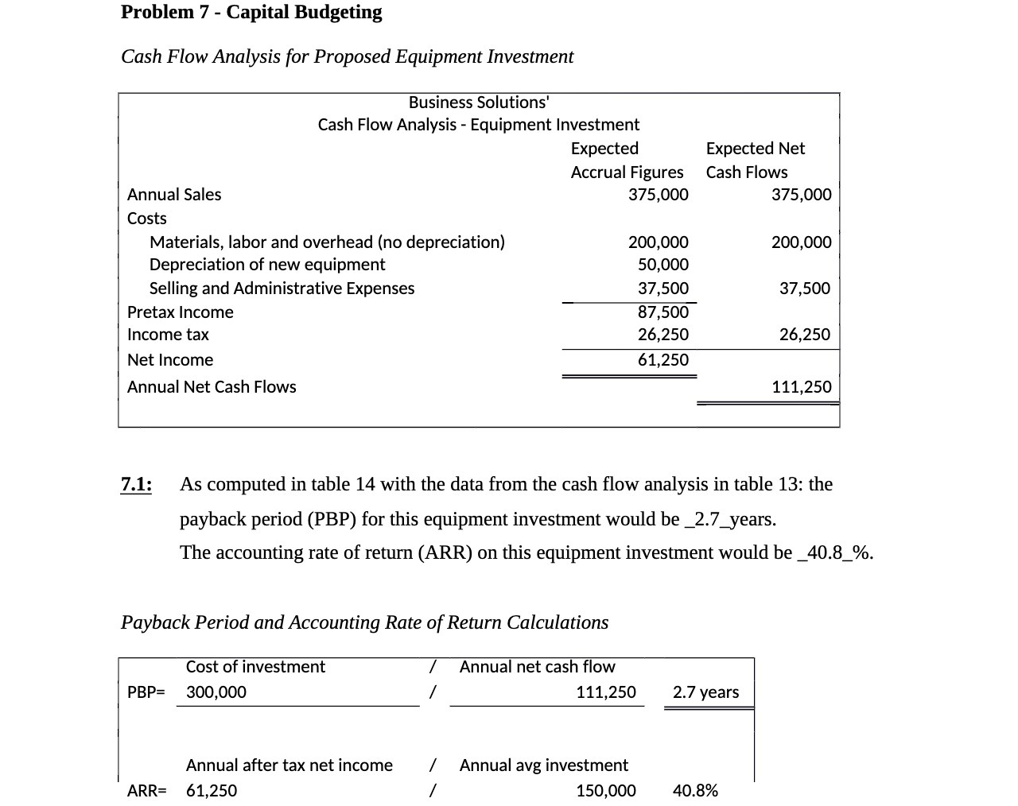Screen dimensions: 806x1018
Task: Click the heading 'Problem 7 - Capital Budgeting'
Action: click(x=251, y=12)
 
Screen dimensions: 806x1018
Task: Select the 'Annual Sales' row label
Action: click(x=174, y=195)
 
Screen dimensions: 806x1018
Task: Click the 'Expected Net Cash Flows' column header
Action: click(x=755, y=160)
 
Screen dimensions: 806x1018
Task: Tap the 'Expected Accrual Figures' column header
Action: click(x=627, y=160)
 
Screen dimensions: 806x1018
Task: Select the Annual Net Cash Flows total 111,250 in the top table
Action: click(x=802, y=387)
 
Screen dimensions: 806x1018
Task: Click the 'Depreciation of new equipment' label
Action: click(x=267, y=265)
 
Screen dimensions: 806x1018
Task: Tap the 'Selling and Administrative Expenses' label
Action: click(x=282, y=289)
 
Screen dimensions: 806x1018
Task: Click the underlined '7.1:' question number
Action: click(x=137, y=484)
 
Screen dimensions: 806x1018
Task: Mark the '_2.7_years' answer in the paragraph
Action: click(x=730, y=519)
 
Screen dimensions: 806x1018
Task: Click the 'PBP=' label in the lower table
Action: click(x=146, y=692)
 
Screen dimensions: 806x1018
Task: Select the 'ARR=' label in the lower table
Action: click(x=147, y=791)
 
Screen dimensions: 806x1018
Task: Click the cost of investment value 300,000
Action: click(x=216, y=692)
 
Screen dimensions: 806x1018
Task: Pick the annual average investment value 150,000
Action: click(x=605, y=791)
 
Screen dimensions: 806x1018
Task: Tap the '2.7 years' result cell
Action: click(x=705, y=692)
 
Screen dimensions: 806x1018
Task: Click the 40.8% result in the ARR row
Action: click(x=695, y=791)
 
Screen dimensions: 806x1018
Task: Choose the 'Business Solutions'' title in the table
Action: click(x=479, y=103)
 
